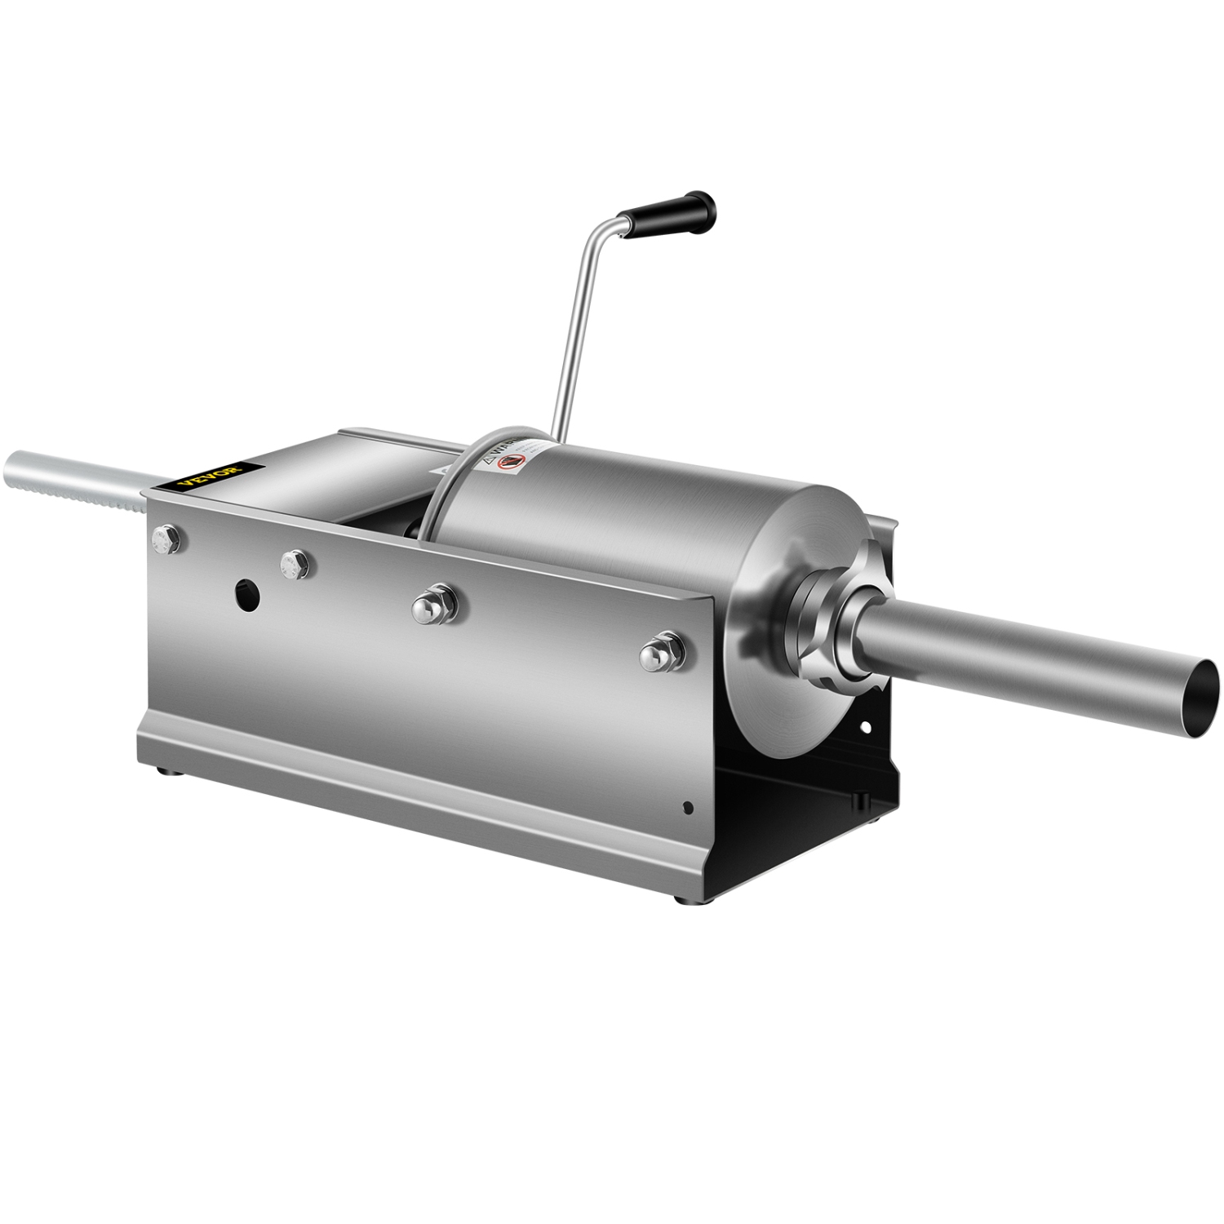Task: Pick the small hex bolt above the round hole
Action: pyautogui.click(x=294, y=562)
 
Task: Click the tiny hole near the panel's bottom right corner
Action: pyautogui.click(x=687, y=809)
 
